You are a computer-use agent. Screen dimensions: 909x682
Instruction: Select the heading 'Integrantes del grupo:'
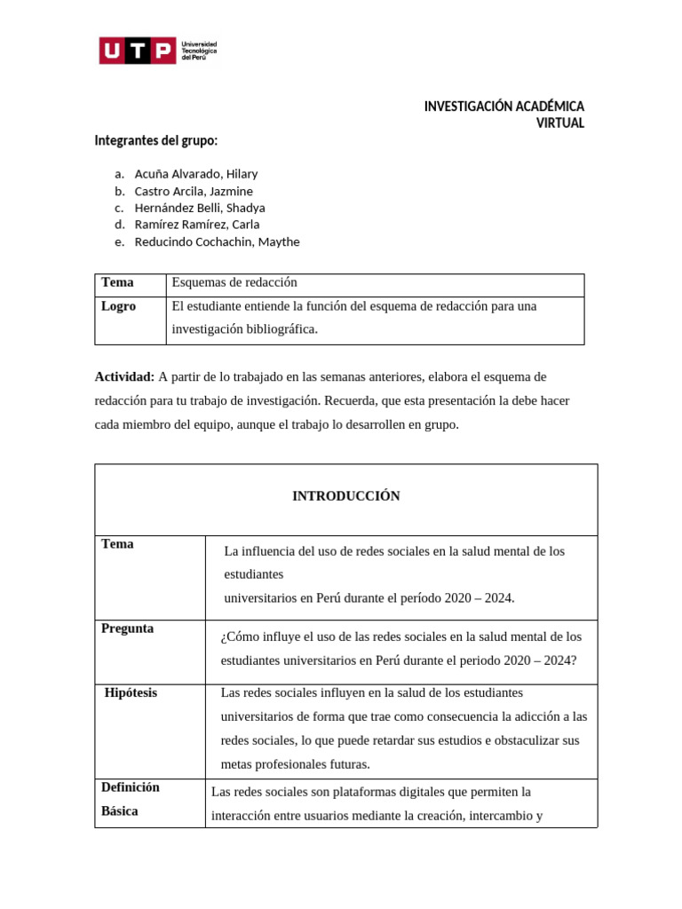pyautogui.click(x=155, y=141)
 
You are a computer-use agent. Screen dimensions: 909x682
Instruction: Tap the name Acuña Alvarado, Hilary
pyautogui.click(x=195, y=174)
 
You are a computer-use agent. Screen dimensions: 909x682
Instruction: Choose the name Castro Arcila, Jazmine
pyautogui.click(x=194, y=191)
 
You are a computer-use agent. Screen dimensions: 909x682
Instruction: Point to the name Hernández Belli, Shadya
pyautogui.click(x=200, y=208)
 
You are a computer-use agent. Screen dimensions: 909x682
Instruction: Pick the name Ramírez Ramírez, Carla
pyautogui.click(x=196, y=225)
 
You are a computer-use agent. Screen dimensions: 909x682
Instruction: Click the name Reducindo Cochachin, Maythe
pyautogui.click(x=217, y=241)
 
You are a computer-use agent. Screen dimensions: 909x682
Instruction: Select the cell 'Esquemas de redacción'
pyautogui.click(x=234, y=282)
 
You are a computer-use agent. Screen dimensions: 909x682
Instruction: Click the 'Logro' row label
pyautogui.click(x=118, y=305)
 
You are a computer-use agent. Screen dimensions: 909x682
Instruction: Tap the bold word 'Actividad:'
pyautogui.click(x=124, y=377)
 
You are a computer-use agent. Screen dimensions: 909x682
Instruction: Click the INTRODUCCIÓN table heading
pyautogui.click(x=345, y=496)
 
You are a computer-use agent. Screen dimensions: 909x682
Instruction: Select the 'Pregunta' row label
pyautogui.click(x=127, y=628)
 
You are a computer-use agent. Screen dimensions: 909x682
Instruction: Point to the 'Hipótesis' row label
pyautogui.click(x=131, y=692)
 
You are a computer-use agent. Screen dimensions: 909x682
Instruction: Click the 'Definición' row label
pyautogui.click(x=130, y=787)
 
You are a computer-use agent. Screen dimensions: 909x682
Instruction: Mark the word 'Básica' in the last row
pyautogui.click(x=119, y=811)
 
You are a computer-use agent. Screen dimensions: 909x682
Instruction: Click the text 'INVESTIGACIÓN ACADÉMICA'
pyautogui.click(x=504, y=107)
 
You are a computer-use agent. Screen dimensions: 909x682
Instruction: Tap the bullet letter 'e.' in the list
pyautogui.click(x=119, y=241)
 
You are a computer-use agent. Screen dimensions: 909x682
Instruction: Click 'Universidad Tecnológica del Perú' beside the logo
pyautogui.click(x=199, y=51)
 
